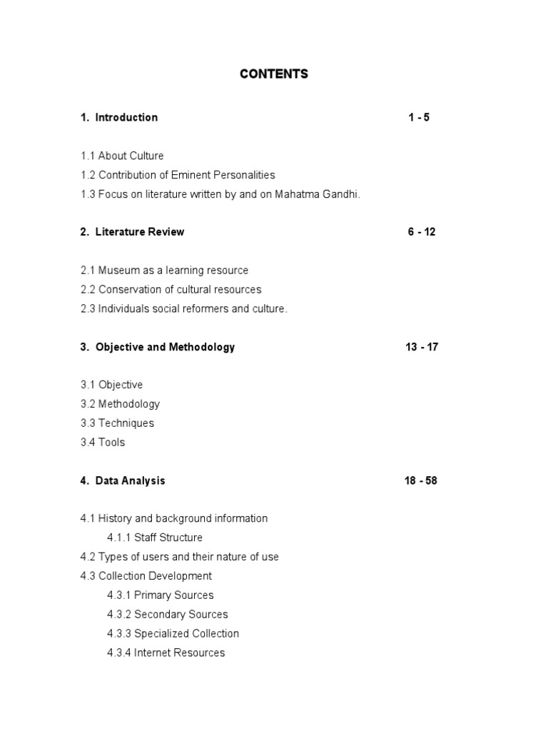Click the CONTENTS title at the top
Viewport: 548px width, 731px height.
tap(274, 74)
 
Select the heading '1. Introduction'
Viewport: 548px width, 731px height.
tap(119, 117)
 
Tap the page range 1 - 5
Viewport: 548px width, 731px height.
tap(419, 117)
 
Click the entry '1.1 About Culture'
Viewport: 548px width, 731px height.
tap(122, 156)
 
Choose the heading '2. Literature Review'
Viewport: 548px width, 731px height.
tap(132, 231)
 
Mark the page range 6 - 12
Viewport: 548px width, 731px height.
tap(422, 231)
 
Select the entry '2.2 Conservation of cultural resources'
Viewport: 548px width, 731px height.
tap(171, 289)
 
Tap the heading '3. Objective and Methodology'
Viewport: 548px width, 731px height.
tap(158, 347)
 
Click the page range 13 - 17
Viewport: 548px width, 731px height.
tap(422, 347)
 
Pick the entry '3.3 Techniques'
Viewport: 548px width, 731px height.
tap(117, 423)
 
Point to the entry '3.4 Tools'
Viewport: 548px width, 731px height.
tap(103, 442)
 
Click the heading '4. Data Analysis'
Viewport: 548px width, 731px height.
tap(123, 480)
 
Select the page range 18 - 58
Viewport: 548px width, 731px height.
tap(421, 480)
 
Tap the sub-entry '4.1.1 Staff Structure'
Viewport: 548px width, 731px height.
tap(155, 538)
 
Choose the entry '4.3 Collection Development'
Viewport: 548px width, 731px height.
tap(146, 576)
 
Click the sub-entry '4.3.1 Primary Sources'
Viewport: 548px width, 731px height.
tap(161, 595)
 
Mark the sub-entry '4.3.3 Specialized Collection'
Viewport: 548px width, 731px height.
tap(173, 633)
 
